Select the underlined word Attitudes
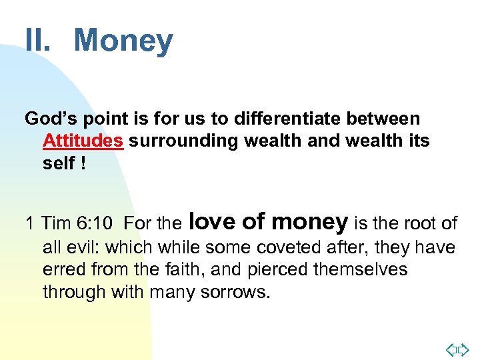pyautogui.click(x=83, y=141)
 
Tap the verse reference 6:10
pyautogui.click(x=99, y=223)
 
